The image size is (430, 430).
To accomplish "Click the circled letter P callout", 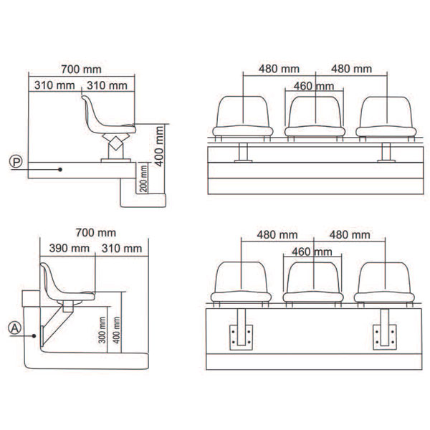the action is point(16,162).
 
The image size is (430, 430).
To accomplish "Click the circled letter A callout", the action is point(15,328).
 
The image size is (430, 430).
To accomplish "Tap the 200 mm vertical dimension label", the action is point(144,178).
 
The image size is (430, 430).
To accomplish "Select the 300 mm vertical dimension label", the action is point(102,330).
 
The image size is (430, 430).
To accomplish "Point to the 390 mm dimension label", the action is point(69,249).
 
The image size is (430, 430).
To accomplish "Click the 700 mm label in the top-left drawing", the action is point(81,70).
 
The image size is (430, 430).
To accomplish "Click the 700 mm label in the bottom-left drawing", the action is point(96,233).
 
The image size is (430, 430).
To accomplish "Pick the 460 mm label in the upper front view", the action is point(314,87).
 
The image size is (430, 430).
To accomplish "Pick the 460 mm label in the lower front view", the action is point(312,252).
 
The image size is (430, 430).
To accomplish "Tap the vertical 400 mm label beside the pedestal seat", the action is point(159,146).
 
